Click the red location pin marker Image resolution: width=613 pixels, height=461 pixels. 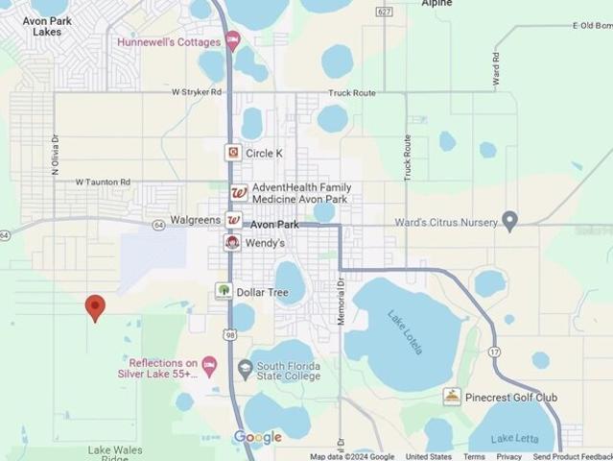click(95, 306)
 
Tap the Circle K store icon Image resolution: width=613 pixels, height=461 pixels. click(233, 153)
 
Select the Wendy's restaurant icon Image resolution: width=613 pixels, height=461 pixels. click(233, 243)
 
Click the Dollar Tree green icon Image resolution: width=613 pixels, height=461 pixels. click(224, 291)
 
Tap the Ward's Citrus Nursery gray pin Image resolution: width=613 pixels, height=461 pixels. click(509, 221)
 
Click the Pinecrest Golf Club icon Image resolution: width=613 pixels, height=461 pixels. click(452, 397)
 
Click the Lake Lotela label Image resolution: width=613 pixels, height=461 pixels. click(405, 332)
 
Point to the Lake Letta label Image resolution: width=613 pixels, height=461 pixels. click(514, 440)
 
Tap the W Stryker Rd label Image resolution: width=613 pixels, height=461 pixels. click(197, 92)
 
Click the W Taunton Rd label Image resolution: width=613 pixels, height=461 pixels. click(103, 182)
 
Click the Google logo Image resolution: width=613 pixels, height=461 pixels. click(258, 438)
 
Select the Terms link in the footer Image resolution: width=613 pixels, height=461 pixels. click(474, 456)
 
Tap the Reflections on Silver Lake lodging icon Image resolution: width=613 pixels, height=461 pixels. click(210, 364)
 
